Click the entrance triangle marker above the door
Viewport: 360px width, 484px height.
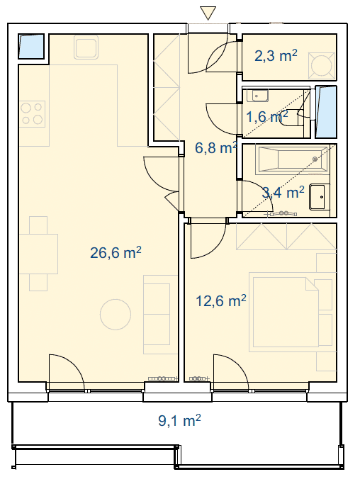tap(208, 12)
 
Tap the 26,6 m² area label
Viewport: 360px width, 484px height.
tap(116, 252)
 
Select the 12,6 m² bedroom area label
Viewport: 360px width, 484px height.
tap(221, 300)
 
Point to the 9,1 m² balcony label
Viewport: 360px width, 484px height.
tap(179, 420)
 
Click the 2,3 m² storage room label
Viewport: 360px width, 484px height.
tap(276, 56)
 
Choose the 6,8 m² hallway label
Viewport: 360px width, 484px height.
tap(216, 148)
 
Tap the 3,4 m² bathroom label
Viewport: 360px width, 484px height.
tap(283, 192)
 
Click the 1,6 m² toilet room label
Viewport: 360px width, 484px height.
tap(267, 116)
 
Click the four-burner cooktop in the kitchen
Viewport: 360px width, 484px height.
tap(32, 114)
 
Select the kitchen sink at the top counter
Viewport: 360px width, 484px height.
tap(86, 47)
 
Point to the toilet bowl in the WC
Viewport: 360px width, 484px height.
tap(291, 118)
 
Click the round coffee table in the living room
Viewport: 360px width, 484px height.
tap(116, 315)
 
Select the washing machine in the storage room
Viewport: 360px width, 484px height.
tap(322, 65)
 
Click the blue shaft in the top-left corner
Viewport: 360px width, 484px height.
tap(31, 46)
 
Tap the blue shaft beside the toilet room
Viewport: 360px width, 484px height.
tap(326, 112)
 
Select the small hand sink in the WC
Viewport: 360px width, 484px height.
tap(257, 96)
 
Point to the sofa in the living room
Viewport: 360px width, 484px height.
tap(157, 315)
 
